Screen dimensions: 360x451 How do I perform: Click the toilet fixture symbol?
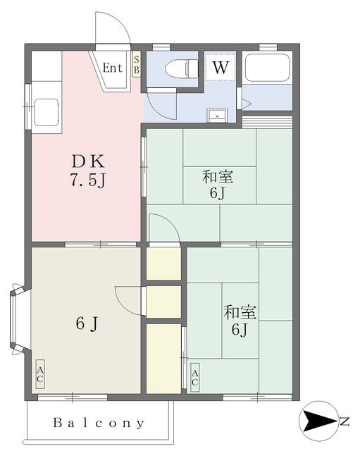pyautogui.click(x=182, y=69)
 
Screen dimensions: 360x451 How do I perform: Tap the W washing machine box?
pyautogui.click(x=221, y=67)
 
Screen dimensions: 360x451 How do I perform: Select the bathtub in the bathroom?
pyautogui.click(x=267, y=68)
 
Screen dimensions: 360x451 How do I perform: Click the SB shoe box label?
pyautogui.click(x=136, y=64)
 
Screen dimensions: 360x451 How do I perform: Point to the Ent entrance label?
pyautogui.click(x=113, y=68)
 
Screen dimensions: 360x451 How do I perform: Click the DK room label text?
pyautogui.click(x=88, y=161)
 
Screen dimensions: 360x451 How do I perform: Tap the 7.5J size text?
pyautogui.click(x=87, y=180)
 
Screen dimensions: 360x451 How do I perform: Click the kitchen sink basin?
pyautogui.click(x=46, y=112)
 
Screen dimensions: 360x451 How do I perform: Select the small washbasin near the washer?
pyautogui.click(x=218, y=116)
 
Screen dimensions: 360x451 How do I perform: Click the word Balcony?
pyautogui.click(x=99, y=423)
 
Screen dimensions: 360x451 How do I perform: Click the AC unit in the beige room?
pyautogui.click(x=40, y=374)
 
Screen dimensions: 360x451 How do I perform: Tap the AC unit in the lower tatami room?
pyautogui.click(x=194, y=378)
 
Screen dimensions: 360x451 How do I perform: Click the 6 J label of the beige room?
pyautogui.click(x=87, y=324)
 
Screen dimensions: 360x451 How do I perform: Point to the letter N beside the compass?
pyautogui.click(x=345, y=421)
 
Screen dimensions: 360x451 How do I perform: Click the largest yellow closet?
pyautogui.click(x=163, y=359)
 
